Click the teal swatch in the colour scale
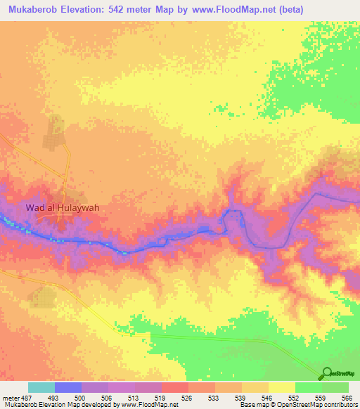click(x=41, y=387)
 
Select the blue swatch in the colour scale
click(x=68, y=387)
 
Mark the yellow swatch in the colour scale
click(x=282, y=387)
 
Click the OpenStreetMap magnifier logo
click(x=326, y=374)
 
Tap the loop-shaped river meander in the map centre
click(x=231, y=220)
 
